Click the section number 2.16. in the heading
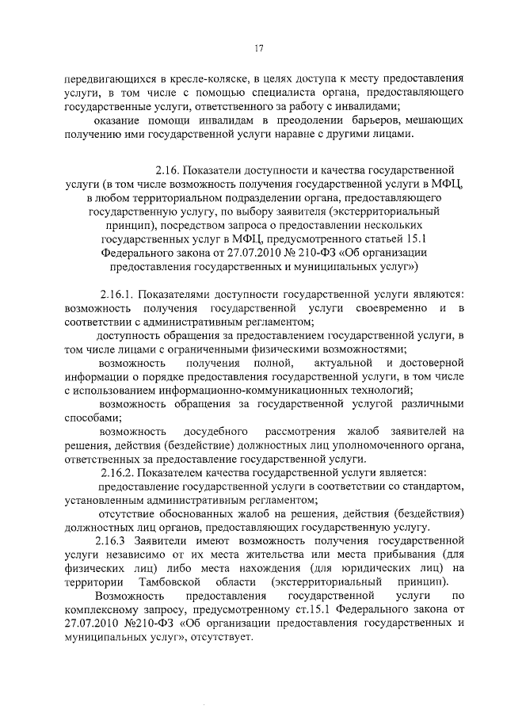tap(174, 169)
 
